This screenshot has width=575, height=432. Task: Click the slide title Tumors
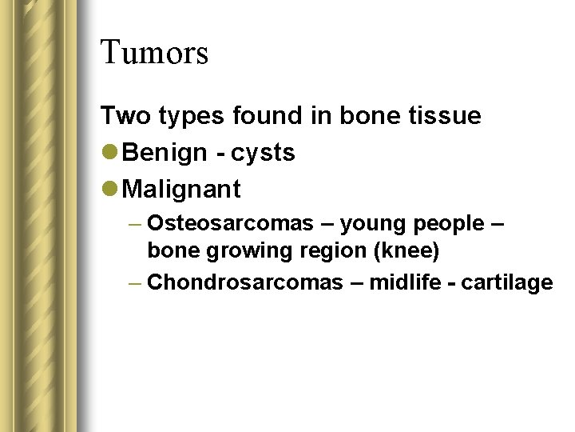154,53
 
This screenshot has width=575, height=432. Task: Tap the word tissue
444,116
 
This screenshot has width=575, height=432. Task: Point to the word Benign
165,153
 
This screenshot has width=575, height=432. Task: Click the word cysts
264,154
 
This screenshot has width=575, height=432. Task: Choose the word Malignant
182,190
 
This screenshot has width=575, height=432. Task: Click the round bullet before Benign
110,153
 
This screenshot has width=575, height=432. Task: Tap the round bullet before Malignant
110,190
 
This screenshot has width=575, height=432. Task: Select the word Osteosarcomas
231,223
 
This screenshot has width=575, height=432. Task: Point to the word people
446,224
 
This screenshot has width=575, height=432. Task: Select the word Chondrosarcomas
245,282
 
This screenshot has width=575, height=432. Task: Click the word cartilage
513,282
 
